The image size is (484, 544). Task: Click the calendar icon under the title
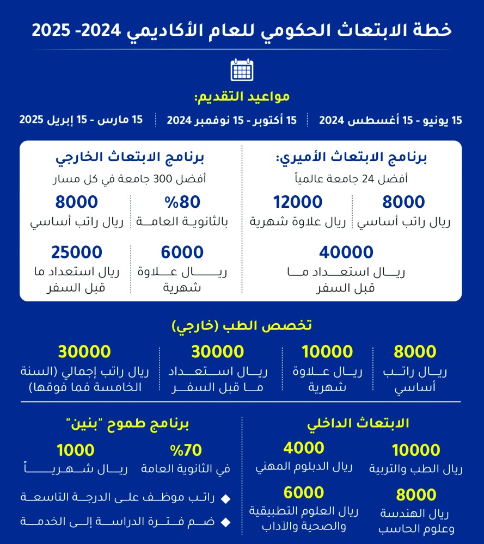[x=242, y=70]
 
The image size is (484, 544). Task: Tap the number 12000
[x=297, y=202]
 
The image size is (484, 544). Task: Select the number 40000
[x=346, y=252]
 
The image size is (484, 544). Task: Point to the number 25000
[x=77, y=252]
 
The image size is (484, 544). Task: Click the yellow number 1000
[x=76, y=450]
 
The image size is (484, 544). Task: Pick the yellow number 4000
[x=304, y=448]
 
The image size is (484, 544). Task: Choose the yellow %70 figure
[x=186, y=450]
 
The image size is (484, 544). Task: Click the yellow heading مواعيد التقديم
[x=242, y=97]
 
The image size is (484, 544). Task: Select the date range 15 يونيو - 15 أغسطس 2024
[x=390, y=120]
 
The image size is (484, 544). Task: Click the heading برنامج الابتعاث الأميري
[x=352, y=158]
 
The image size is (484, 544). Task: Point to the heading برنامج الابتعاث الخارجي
[x=130, y=158]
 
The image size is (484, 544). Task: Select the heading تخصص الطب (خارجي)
[x=242, y=326]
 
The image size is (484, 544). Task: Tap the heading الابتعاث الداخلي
[x=358, y=423]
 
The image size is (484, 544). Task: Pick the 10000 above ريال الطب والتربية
[x=416, y=450]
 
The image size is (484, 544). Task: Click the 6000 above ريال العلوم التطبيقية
[x=304, y=492]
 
